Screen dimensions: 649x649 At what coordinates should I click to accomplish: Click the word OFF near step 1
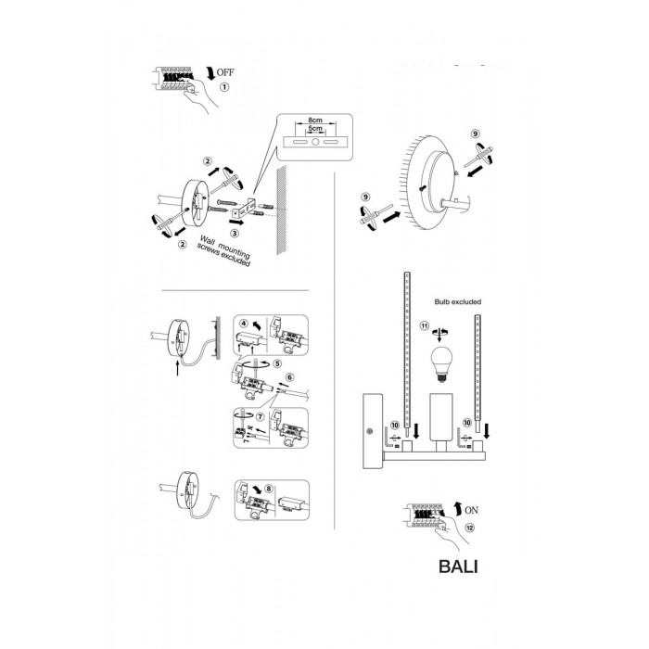click(x=225, y=72)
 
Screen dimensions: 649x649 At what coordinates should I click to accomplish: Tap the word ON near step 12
click(x=471, y=510)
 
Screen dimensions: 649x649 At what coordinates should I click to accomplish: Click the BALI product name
click(x=458, y=566)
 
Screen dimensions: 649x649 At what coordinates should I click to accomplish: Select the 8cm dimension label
click(x=315, y=120)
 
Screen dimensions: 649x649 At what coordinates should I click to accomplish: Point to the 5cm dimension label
click(x=315, y=129)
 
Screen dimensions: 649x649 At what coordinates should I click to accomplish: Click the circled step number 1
click(x=224, y=87)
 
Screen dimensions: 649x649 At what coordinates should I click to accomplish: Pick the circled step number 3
click(x=235, y=233)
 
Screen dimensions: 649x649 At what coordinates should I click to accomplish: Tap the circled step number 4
click(x=244, y=324)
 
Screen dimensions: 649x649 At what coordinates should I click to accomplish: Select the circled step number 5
click(x=277, y=363)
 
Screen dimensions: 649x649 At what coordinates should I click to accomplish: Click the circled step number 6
click(x=289, y=377)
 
